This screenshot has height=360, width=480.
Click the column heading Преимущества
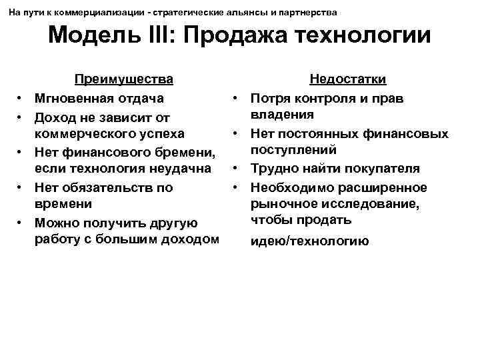click(124, 80)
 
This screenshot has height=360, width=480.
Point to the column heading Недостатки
click(348, 80)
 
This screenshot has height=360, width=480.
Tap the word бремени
click(187, 151)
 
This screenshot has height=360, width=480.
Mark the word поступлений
click(293, 150)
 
